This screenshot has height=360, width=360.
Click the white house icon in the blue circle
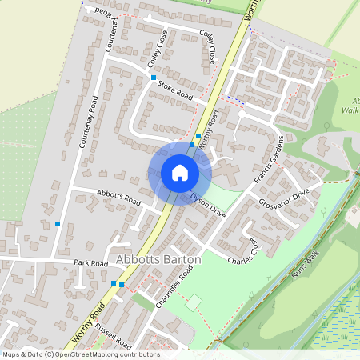[179, 173]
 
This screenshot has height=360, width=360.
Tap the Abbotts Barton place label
[158, 260]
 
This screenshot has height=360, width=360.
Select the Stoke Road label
[175, 90]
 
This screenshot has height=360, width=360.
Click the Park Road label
[90, 263]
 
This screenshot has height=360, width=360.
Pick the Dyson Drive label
[210, 205]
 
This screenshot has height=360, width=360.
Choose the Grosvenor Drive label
[284, 200]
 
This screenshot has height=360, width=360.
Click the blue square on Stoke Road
[154, 78]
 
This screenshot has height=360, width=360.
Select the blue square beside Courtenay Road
[58, 224]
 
